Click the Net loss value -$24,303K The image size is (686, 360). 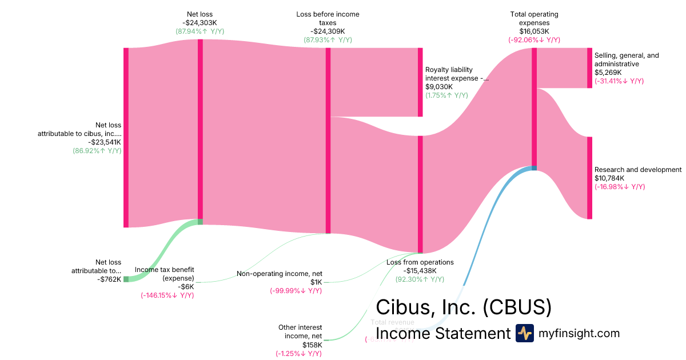(200, 23)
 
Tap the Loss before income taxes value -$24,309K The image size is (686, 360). (328, 31)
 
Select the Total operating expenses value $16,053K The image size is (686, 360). (534, 31)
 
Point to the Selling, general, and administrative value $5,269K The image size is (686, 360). (608, 73)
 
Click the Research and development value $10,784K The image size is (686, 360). (609, 178)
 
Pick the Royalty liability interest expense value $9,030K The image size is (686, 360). (439, 87)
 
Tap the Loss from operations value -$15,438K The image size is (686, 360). (420, 271)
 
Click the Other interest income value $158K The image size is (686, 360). (312, 345)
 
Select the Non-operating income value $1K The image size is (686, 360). (316, 282)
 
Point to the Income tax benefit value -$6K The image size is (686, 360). (186, 287)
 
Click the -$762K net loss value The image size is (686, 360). (109, 279)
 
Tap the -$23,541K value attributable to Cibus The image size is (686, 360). (105, 142)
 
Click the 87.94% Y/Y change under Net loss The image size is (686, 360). (200, 31)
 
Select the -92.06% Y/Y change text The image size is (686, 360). (534, 40)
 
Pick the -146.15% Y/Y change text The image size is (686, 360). (167, 295)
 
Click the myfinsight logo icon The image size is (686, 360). (524, 333)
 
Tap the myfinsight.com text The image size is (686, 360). (579, 333)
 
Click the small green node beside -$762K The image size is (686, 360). (126, 279)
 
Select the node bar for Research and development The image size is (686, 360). (589, 178)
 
